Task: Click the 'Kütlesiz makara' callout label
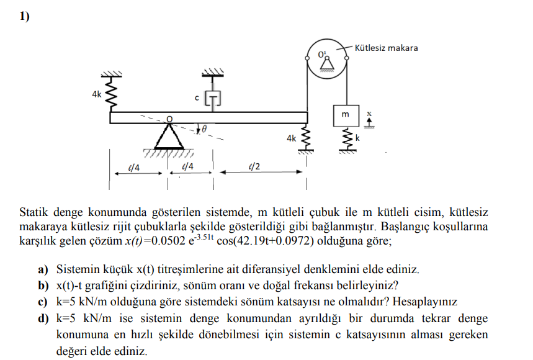tap(386, 48)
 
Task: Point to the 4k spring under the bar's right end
tap(305, 139)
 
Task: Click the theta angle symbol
tap(204, 129)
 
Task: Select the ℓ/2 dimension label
tap(253, 166)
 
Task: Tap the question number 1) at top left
tap(24, 17)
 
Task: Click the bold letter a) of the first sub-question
tap(43, 270)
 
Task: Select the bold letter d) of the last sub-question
tap(43, 318)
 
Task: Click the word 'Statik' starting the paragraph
tap(33, 211)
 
